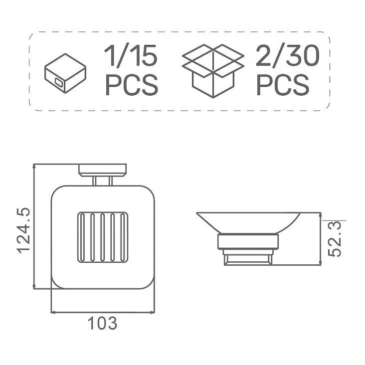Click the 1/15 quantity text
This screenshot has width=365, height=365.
tap(131, 56)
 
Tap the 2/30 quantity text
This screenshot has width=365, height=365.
tap(287, 56)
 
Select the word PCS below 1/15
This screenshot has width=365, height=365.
tap(132, 84)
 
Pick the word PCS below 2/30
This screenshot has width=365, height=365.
tap(283, 84)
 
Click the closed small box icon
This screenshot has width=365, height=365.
tap(65, 73)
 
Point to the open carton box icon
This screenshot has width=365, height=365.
tap(213, 71)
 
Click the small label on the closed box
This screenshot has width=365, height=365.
tap(59, 82)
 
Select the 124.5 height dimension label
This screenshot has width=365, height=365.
tap(23, 230)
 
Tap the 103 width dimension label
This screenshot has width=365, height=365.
tap(102, 323)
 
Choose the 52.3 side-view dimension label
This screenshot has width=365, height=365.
tap(334, 239)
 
